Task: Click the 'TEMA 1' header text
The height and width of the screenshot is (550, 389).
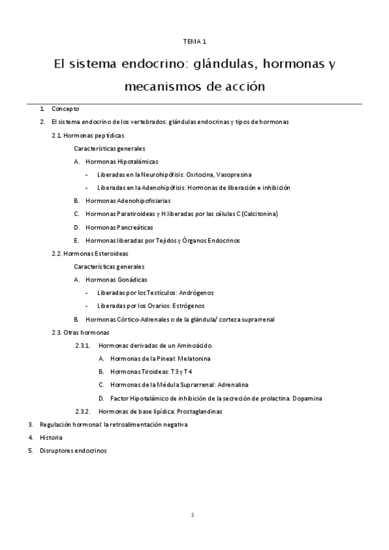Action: (x=194, y=42)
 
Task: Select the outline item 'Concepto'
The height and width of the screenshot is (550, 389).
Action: (x=65, y=109)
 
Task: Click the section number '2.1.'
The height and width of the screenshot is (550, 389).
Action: (x=56, y=136)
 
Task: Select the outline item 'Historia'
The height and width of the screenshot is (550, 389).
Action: (x=51, y=437)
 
